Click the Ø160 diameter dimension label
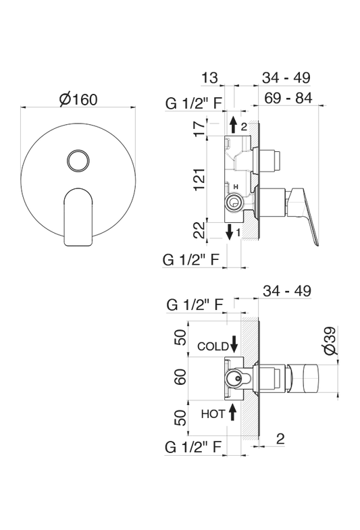click(78, 99)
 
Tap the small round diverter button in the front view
click(78, 161)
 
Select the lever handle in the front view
click(78, 217)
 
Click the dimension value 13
click(209, 78)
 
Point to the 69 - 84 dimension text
click(288, 98)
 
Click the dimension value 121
click(200, 179)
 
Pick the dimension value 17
click(200, 127)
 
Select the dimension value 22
click(200, 230)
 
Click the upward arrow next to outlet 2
click(233, 124)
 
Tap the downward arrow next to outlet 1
click(230, 232)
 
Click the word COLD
click(213, 346)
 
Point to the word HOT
click(213, 414)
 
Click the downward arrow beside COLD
click(234, 344)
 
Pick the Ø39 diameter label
click(330, 341)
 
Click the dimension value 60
click(181, 377)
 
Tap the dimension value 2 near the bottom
click(280, 438)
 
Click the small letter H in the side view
click(236, 186)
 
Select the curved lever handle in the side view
click(302, 213)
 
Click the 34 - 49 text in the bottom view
click(286, 291)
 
